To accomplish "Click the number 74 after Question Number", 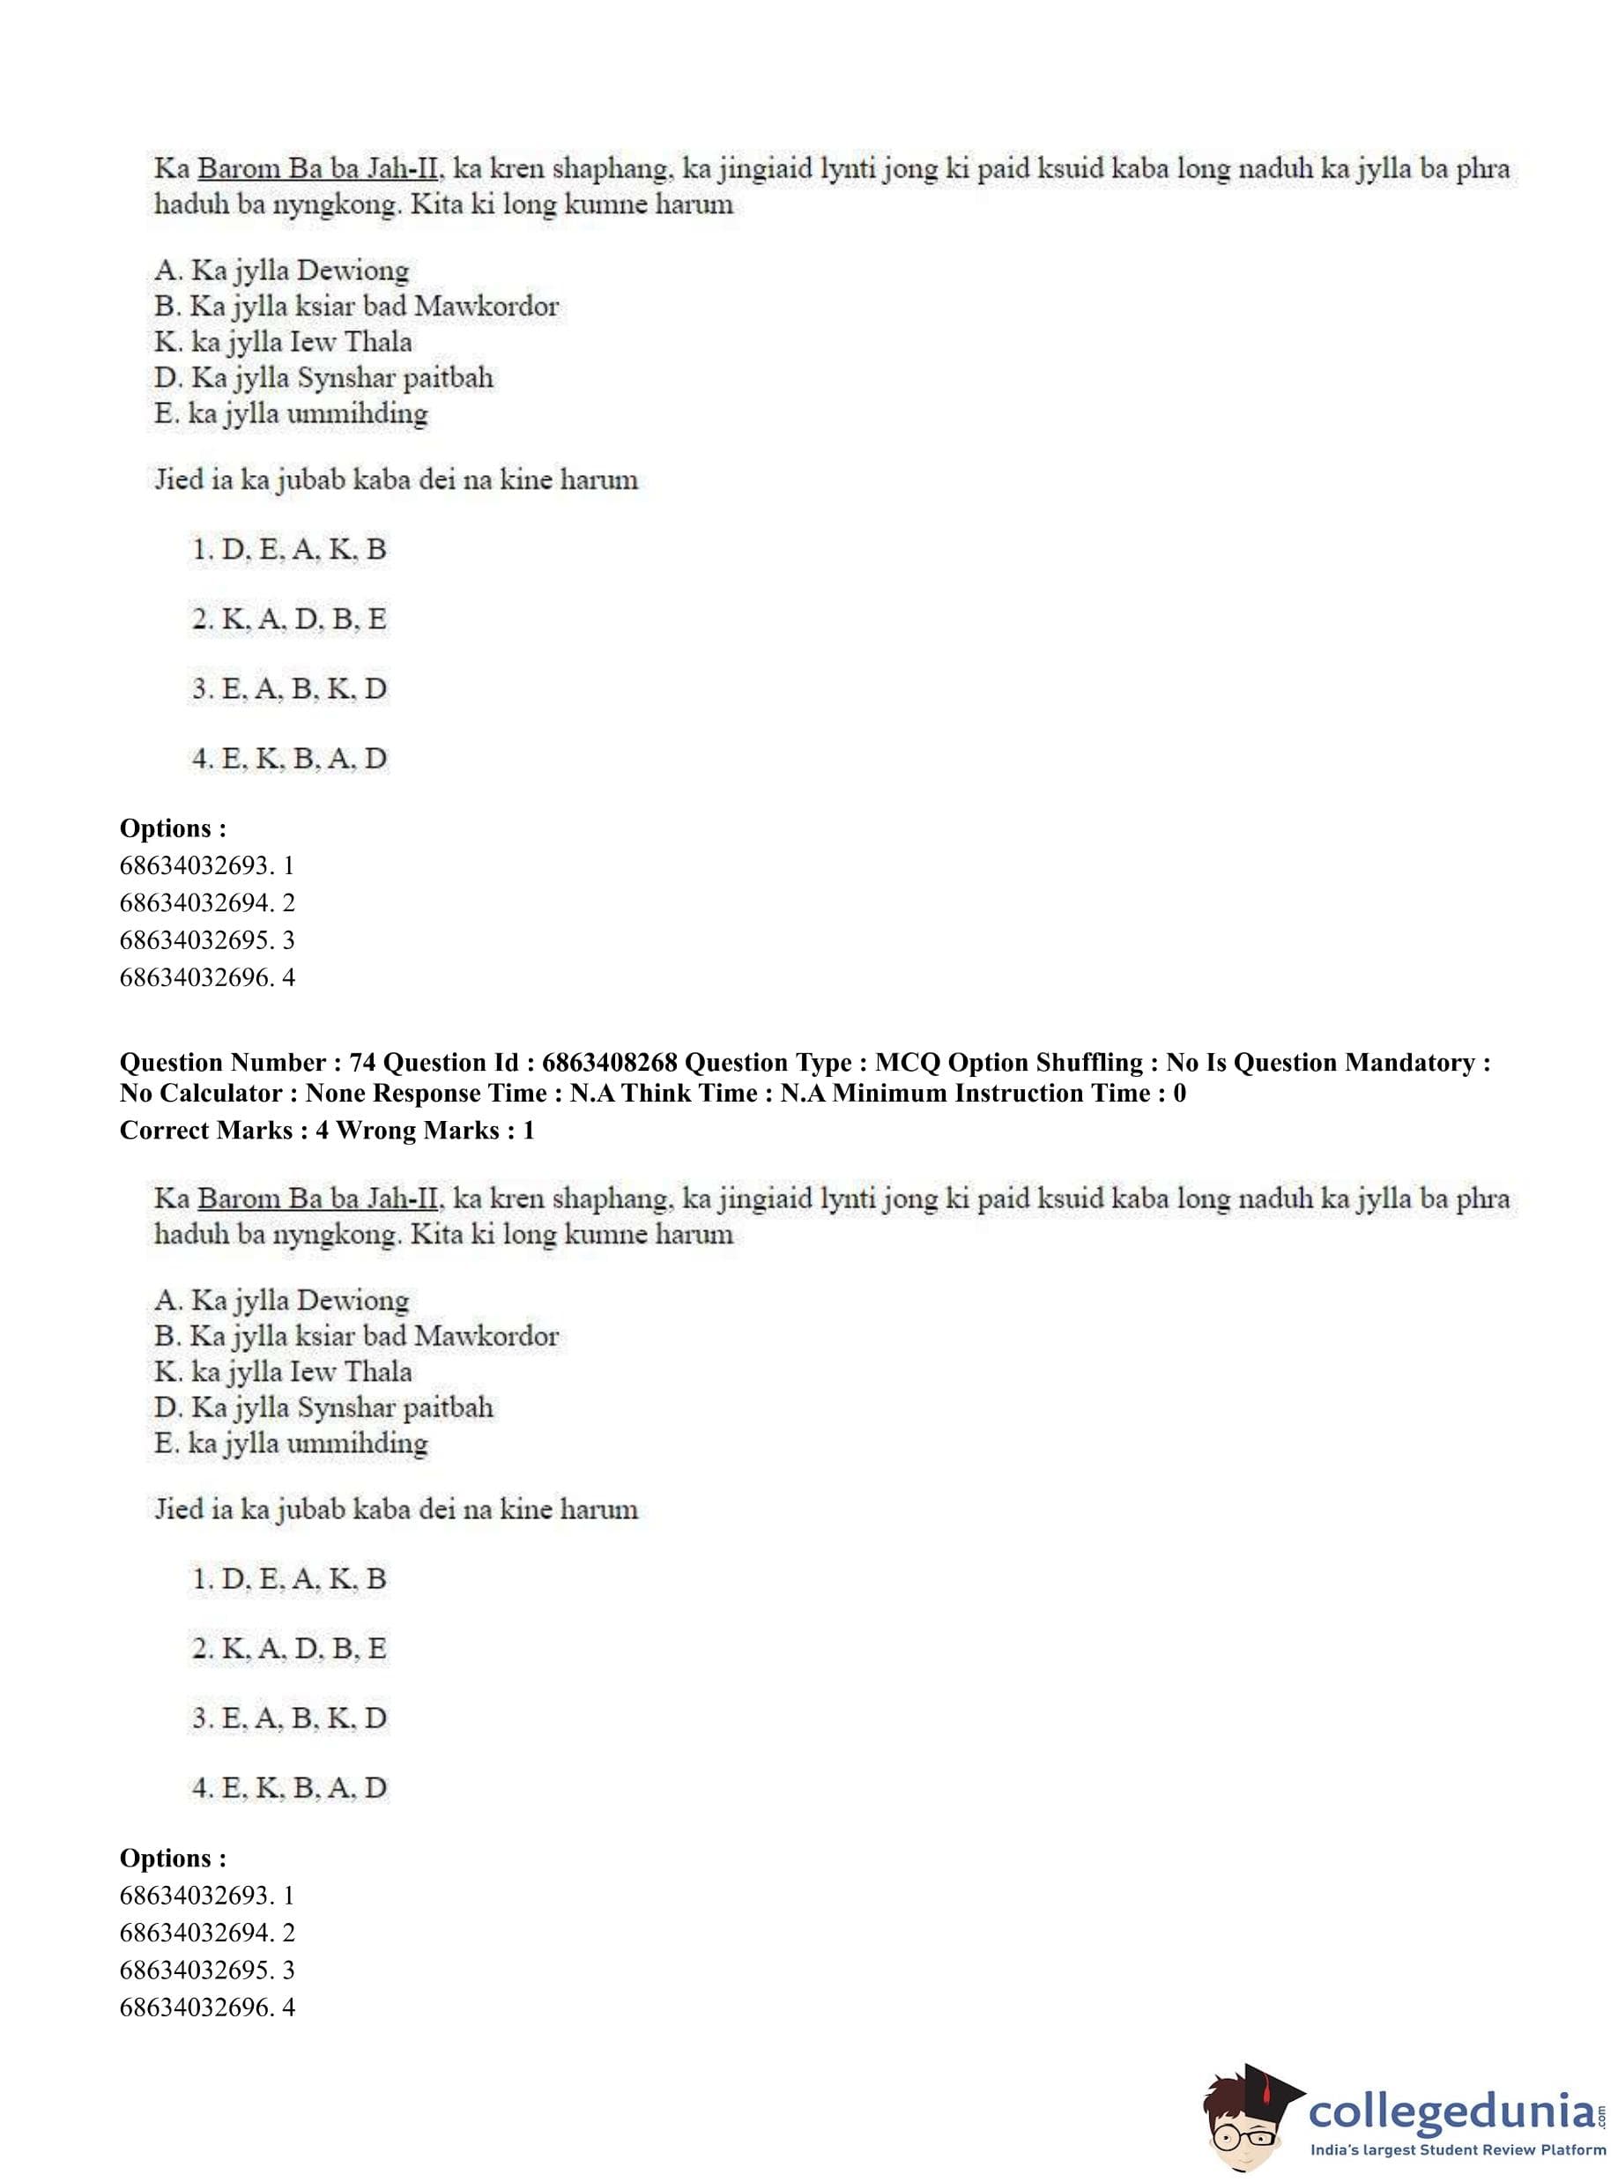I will click(x=361, y=1063).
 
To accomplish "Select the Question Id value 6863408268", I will click(x=608, y=1063).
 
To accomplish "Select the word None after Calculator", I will click(x=335, y=1093).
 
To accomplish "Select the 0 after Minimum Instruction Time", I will click(x=1179, y=1093).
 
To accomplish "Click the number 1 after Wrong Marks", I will click(x=529, y=1130).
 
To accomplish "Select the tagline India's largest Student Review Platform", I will click(x=1458, y=2149).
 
